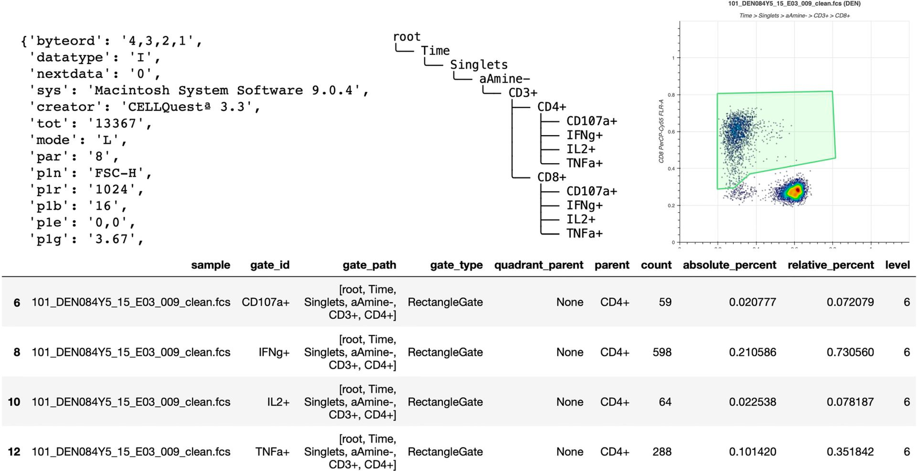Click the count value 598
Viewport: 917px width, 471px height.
[x=661, y=352]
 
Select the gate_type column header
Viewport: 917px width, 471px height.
[x=456, y=265]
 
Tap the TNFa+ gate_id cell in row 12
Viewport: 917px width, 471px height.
[x=272, y=452]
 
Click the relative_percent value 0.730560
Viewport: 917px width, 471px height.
[x=850, y=352]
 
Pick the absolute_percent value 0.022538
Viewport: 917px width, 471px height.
[x=753, y=402]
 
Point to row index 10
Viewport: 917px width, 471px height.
[x=14, y=402]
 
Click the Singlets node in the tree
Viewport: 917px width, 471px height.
[x=479, y=65]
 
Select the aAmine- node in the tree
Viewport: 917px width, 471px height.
[x=504, y=79]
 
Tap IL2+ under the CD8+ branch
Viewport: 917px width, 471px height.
[x=581, y=219]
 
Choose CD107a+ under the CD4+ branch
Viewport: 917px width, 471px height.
[x=591, y=121]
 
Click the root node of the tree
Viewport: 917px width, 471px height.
[x=406, y=37]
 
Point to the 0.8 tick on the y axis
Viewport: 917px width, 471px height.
[x=671, y=95]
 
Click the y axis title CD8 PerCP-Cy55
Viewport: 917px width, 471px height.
[x=661, y=131]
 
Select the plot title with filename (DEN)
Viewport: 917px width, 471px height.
[x=794, y=4]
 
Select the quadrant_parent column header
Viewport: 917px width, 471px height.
[x=538, y=265]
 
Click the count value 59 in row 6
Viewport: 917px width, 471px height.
[x=665, y=302]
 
